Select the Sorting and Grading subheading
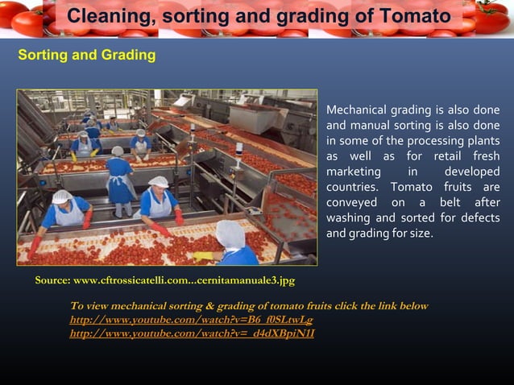click(x=87, y=56)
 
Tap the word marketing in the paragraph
click(x=353, y=172)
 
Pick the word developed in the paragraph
click(x=471, y=172)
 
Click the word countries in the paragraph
click(x=352, y=187)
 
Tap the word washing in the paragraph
click(x=349, y=218)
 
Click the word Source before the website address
click(x=53, y=280)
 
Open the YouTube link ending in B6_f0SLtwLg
click(x=191, y=320)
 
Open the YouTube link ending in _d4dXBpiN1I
click(x=192, y=333)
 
